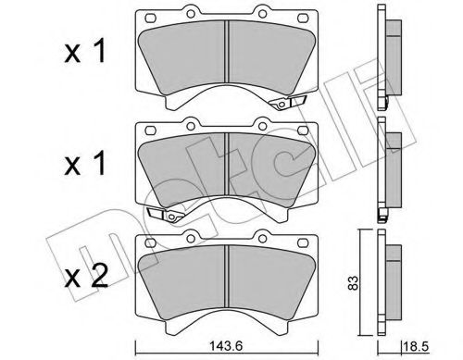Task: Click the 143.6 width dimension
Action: [x=226, y=346]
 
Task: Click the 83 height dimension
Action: [x=355, y=282]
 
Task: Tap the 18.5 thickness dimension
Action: [x=416, y=346]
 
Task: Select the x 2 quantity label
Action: [x=86, y=276]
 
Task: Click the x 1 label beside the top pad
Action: [x=85, y=52]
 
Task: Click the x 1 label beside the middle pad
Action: [x=85, y=164]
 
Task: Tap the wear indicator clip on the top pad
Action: [x=287, y=103]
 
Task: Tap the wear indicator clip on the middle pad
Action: [x=166, y=215]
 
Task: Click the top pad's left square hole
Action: [x=150, y=19]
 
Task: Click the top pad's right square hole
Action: [x=303, y=19]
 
